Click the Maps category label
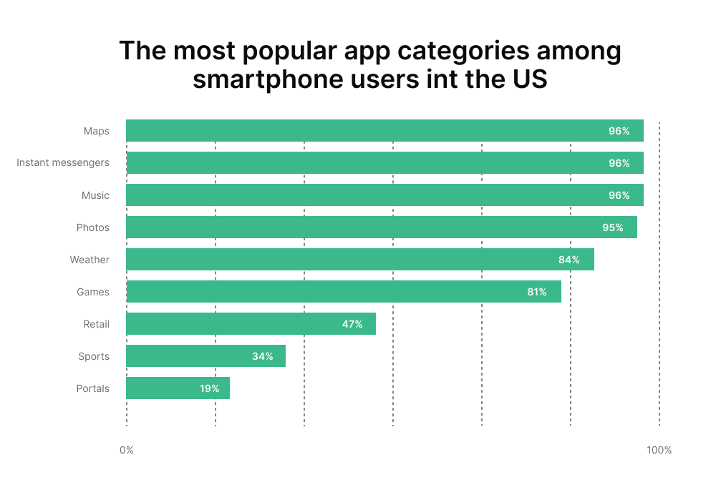(96, 131)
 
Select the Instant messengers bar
(384, 163)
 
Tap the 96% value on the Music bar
(619, 195)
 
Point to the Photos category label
(93, 227)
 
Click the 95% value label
(612, 227)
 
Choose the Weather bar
(359, 260)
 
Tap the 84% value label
(569, 260)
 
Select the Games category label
(93, 292)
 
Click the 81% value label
(536, 292)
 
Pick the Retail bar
(251, 324)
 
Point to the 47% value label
(352, 324)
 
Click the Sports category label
(94, 356)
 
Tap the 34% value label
(262, 356)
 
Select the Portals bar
(178, 388)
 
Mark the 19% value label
(209, 388)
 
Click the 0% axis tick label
(127, 450)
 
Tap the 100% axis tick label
(659, 450)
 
